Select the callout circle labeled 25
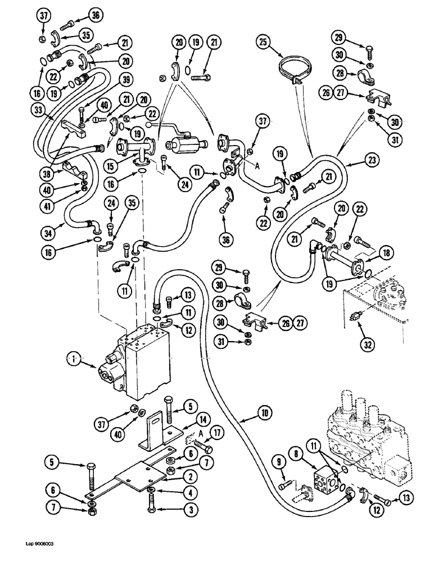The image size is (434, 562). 264,41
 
